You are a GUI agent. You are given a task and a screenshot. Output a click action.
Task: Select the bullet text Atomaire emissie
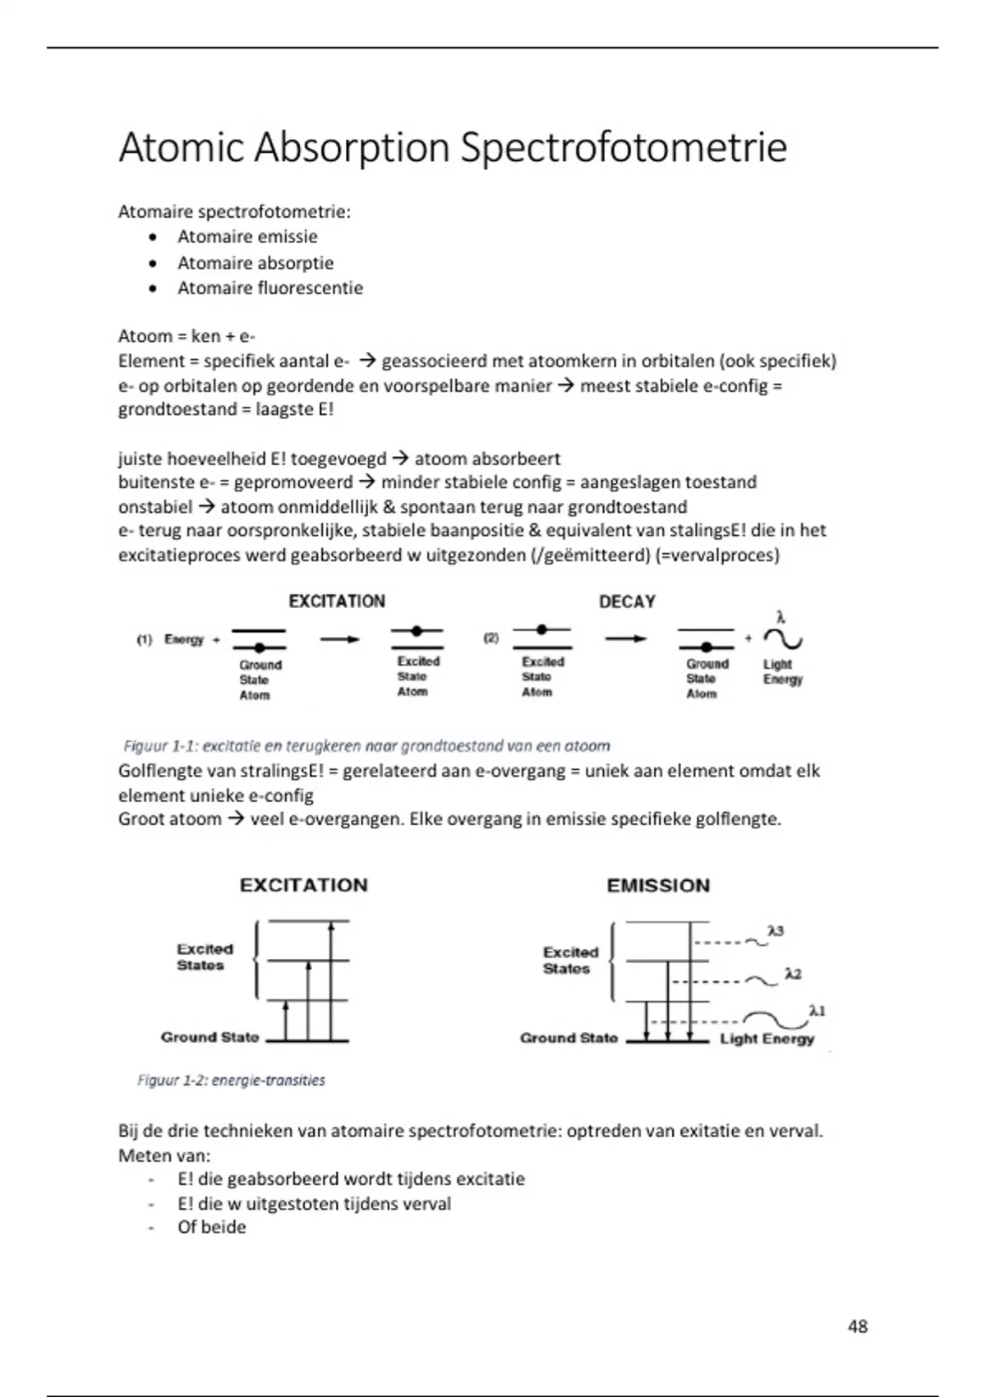pos(247,237)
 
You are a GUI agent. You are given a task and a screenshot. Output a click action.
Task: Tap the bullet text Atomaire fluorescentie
pos(270,288)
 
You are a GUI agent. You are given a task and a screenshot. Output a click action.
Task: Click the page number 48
pos(857,1326)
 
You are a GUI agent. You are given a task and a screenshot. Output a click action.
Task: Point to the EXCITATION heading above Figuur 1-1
pos(337,601)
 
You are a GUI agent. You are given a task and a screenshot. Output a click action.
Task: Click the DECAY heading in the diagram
pos(627,602)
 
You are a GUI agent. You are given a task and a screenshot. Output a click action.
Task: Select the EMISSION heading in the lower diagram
pos(658,885)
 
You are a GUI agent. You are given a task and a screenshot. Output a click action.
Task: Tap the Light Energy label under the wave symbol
pos(782,671)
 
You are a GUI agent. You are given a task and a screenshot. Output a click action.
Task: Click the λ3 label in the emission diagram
pos(775,931)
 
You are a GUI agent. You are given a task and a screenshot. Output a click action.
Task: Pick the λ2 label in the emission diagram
pos(792,974)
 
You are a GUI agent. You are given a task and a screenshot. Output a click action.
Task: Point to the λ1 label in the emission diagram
pos(817,1011)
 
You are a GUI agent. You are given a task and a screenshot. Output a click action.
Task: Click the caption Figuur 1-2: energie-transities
pos(231,1080)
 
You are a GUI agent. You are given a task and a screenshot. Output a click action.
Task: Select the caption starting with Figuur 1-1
pos(366,746)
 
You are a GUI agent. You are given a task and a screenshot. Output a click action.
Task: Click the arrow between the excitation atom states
pos(339,639)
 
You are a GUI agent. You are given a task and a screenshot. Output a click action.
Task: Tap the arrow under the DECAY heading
pos(625,638)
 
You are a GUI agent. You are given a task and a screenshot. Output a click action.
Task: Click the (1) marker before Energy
pos(145,639)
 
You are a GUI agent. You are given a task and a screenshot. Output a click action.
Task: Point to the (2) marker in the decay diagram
pos(491,638)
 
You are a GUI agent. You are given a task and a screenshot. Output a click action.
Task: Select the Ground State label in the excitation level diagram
pos(210,1037)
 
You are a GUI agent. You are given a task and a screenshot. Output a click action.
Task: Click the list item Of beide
pos(211,1227)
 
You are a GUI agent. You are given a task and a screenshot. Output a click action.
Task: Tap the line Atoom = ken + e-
pos(187,336)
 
